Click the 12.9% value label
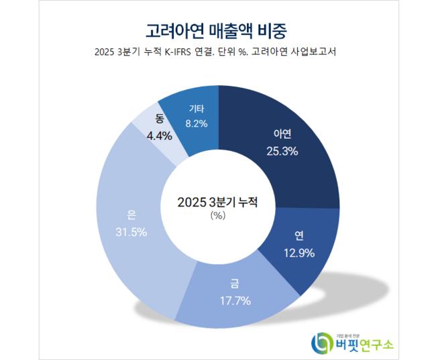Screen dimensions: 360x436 (x=298, y=251)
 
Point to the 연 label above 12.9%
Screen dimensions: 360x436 (x=298, y=236)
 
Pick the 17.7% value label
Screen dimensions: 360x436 (x=234, y=300)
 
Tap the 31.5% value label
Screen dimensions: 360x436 (x=131, y=231)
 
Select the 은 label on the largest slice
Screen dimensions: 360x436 (x=131, y=216)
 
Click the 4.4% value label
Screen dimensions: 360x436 (x=159, y=135)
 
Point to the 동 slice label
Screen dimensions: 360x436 (x=159, y=119)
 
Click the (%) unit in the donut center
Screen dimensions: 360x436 (x=217, y=216)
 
